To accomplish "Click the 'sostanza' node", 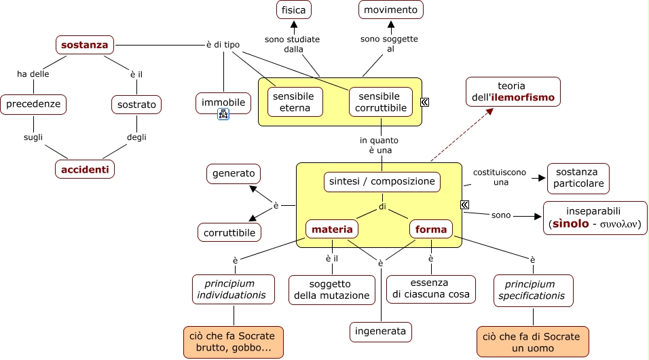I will (84, 46).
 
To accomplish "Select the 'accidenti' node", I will (84, 169).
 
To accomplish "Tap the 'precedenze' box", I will (33, 104).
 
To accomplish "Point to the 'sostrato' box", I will (136, 104).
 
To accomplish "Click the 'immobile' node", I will (223, 103).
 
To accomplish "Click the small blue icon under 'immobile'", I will (223, 115).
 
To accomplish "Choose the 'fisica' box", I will (294, 10).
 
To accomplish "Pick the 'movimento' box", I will (390, 10).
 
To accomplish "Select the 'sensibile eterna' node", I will (295, 102).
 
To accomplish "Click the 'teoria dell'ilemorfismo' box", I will (513, 92).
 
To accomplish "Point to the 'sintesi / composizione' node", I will (382, 182).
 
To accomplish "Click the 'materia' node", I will (332, 230).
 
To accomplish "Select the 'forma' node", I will (431, 230).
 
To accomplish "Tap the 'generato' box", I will (234, 174).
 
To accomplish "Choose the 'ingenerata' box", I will (381, 331).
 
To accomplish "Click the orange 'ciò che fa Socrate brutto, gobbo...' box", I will (233, 342).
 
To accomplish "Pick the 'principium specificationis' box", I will (533, 290).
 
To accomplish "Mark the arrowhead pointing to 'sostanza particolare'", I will (542, 178).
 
